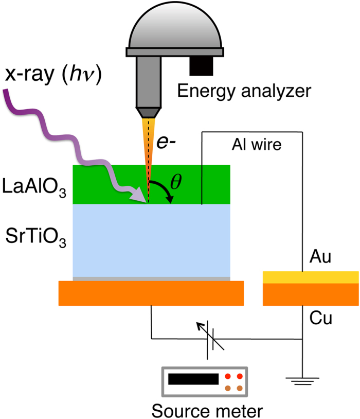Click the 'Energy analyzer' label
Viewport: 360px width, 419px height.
244,92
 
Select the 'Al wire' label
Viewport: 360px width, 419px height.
256,145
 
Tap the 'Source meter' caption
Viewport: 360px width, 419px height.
206,410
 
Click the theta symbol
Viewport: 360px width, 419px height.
176,183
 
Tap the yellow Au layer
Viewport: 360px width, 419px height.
311,277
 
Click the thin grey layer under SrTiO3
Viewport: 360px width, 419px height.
151,278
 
